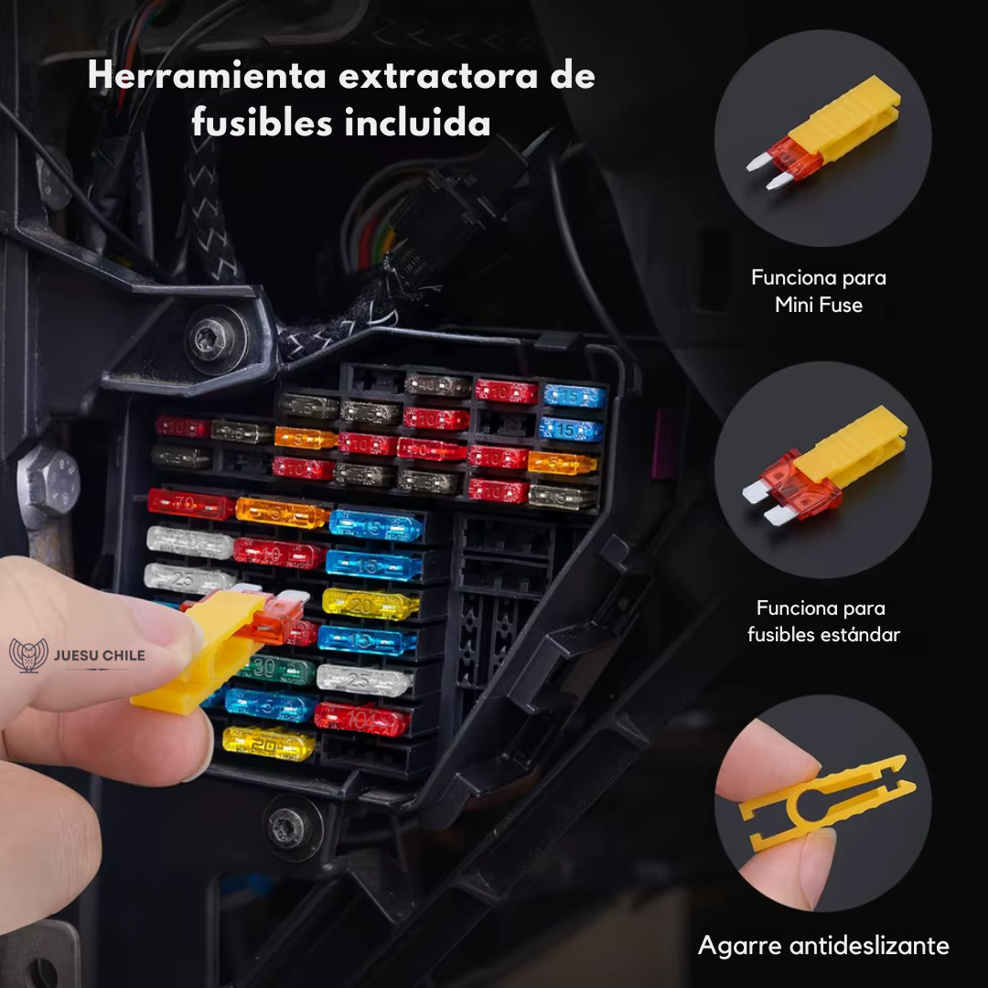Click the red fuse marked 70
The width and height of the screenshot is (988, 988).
click(x=190, y=504)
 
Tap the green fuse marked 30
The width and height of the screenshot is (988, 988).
click(x=277, y=669)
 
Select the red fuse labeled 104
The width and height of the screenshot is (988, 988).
click(x=361, y=720)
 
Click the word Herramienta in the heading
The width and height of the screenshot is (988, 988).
click(x=207, y=76)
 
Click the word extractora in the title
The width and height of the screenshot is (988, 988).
click(x=438, y=77)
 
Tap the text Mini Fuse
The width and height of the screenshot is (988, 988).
click(x=819, y=305)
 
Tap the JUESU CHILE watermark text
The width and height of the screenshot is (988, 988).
click(x=100, y=655)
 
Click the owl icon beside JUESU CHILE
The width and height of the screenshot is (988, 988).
click(x=29, y=656)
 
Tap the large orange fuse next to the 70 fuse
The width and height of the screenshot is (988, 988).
click(x=283, y=512)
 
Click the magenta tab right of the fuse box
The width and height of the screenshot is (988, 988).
click(x=661, y=445)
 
